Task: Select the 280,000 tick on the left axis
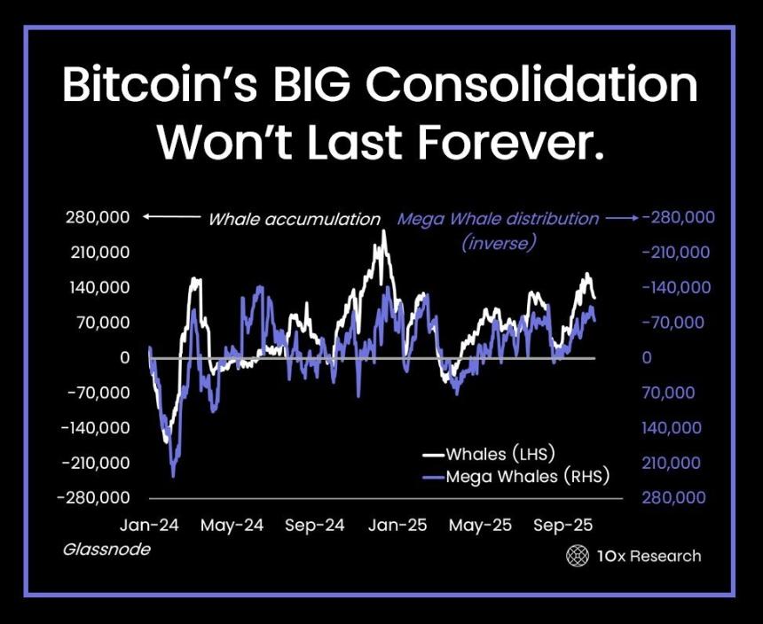pyautogui.click(x=98, y=217)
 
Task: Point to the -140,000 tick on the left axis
pyautogui.click(x=96, y=428)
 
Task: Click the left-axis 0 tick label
pyautogui.click(x=124, y=358)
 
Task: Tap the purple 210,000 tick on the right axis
pyautogui.click(x=671, y=464)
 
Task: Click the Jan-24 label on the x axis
pyautogui.click(x=149, y=526)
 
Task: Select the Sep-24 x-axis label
pyautogui.click(x=315, y=526)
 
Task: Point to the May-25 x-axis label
pyautogui.click(x=480, y=526)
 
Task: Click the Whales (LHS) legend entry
pyautogui.click(x=489, y=454)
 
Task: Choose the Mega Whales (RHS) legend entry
pyautogui.click(x=515, y=476)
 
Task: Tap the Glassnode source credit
pyautogui.click(x=106, y=550)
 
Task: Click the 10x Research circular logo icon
pyautogui.click(x=578, y=556)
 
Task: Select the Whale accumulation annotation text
pyautogui.click(x=295, y=219)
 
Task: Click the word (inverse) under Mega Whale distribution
pyautogui.click(x=499, y=241)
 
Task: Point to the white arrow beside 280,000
pyautogui.click(x=172, y=217)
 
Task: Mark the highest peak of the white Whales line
pyautogui.click(x=383, y=231)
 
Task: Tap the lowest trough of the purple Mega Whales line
pyautogui.click(x=173, y=476)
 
